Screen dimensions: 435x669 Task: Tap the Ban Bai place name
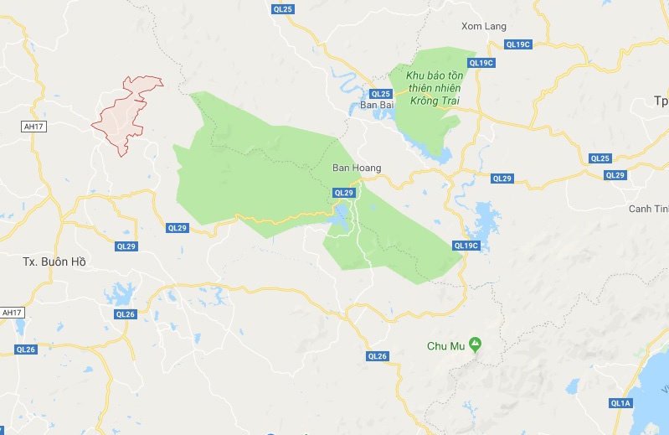point(376,105)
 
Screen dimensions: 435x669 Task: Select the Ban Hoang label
point(357,168)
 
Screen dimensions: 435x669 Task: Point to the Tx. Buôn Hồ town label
point(54,262)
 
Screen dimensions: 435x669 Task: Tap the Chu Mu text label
point(445,345)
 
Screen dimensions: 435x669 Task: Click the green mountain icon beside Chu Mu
point(475,344)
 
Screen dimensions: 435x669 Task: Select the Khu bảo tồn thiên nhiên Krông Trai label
point(435,88)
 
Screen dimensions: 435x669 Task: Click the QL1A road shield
point(620,403)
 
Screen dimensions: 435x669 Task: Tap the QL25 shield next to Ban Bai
point(381,93)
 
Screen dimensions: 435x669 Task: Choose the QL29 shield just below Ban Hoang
point(344,193)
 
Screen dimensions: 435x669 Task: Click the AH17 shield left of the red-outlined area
point(33,126)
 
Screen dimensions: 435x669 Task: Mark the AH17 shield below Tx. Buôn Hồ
point(12,312)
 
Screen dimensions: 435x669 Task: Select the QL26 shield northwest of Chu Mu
point(378,356)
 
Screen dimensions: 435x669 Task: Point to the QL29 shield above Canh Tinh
point(615,174)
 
